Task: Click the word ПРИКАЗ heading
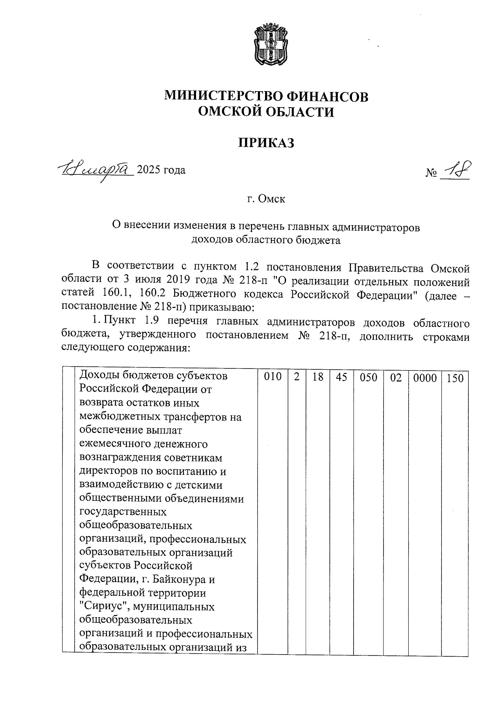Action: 266,143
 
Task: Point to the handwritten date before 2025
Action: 96,169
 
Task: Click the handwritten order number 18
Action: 455,170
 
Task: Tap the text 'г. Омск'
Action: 266,199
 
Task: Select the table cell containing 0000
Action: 425,378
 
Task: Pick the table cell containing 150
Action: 455,378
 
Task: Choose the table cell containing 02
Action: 396,378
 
